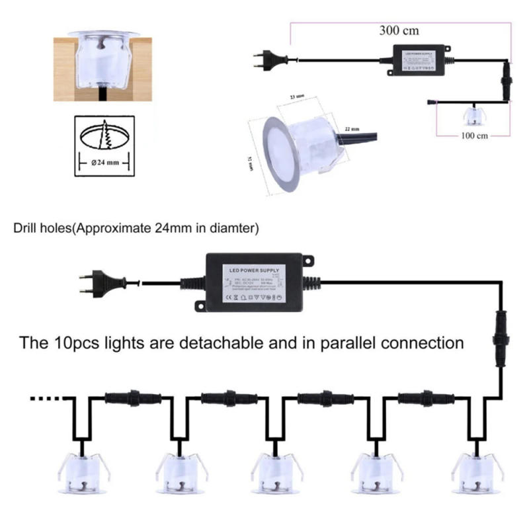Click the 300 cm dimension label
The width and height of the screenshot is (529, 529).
click(399, 30)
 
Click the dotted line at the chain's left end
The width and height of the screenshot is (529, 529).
click(48, 399)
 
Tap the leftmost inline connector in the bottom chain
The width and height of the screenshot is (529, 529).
click(132, 399)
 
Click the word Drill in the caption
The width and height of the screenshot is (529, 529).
click(26, 229)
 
